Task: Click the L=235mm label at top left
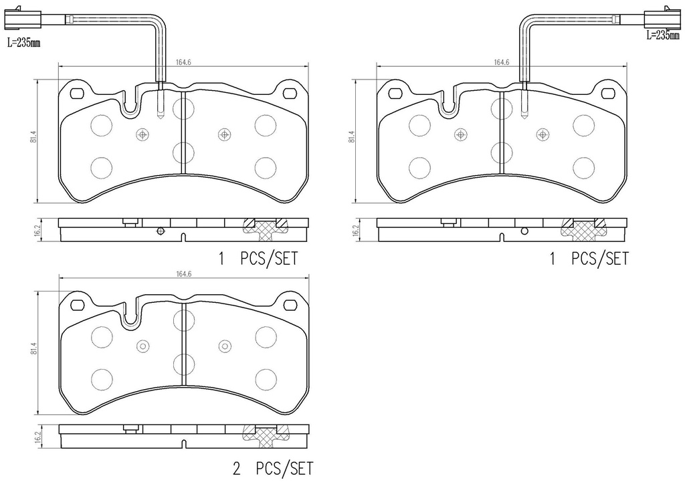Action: pos(23,43)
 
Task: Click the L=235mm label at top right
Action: pos(663,35)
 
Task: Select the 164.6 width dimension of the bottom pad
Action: pos(183,274)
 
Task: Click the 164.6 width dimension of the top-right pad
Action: pos(502,62)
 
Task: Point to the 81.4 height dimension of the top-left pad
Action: pos(33,139)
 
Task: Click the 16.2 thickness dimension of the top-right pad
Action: pos(355,230)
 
